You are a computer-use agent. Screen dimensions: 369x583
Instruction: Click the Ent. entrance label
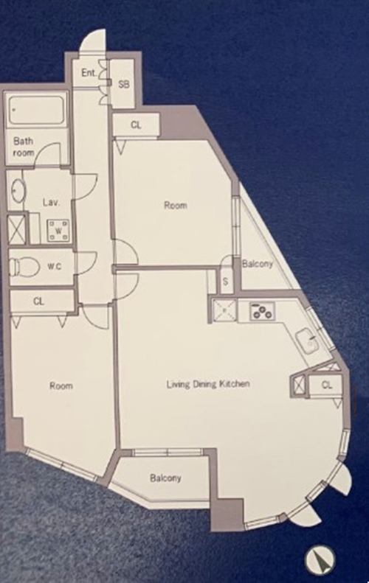pos(89,72)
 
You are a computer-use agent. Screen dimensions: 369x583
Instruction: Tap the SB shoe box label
pos(124,85)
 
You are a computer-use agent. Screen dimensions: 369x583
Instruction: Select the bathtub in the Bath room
pos(35,110)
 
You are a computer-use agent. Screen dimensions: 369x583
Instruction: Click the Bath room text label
pos(24,147)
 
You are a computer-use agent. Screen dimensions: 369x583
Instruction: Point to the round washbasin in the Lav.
pos(18,191)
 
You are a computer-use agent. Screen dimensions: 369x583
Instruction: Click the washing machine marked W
pos(58,231)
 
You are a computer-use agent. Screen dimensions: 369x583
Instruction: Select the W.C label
pos(54,267)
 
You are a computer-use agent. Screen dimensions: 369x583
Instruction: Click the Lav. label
pos(52,203)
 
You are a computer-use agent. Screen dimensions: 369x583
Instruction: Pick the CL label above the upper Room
pos(137,125)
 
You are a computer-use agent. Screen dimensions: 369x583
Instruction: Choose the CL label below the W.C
pos(38,301)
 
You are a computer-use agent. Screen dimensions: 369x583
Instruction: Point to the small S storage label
pos(225,282)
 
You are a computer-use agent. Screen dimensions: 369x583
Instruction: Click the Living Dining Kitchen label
pos(208,384)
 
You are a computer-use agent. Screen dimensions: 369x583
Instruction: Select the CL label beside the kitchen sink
pos(326,385)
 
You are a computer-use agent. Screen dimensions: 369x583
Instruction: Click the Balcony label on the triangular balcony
pos(258,264)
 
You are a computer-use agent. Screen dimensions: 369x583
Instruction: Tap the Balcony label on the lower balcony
pos(166,478)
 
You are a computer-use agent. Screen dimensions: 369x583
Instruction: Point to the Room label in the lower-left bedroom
pos(61,386)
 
